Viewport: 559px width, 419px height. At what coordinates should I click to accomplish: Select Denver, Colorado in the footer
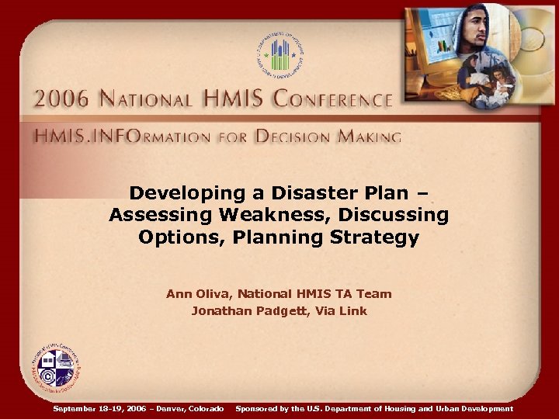click(189, 408)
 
